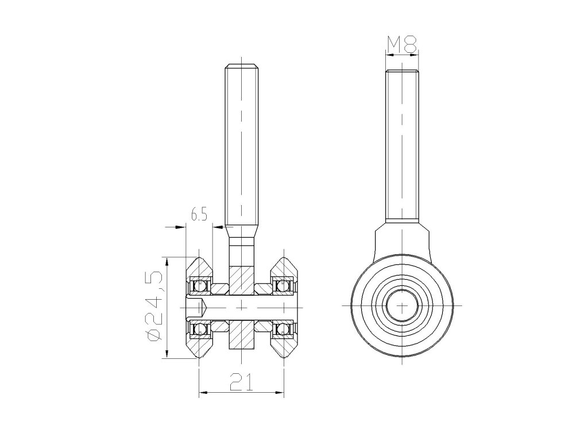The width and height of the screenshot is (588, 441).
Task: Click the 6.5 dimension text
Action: coord(199,216)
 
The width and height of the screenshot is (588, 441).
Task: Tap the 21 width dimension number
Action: coord(241,382)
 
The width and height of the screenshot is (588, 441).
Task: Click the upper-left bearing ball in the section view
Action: coord(200,285)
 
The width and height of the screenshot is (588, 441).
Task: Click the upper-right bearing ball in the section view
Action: coord(282,285)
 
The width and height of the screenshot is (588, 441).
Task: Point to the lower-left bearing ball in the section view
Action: coord(200,329)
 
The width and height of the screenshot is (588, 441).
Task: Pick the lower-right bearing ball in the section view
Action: coord(282,329)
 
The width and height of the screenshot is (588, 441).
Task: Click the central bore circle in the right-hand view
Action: coord(401,305)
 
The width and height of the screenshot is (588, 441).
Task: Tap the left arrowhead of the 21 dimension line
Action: coord(202,393)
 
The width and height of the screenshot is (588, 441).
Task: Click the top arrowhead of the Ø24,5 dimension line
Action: coord(167,261)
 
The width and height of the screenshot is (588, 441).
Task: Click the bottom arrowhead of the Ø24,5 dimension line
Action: coord(167,355)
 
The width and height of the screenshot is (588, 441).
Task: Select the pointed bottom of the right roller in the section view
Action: coord(284,358)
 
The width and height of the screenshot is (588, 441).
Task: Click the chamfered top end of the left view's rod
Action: coord(241,65)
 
